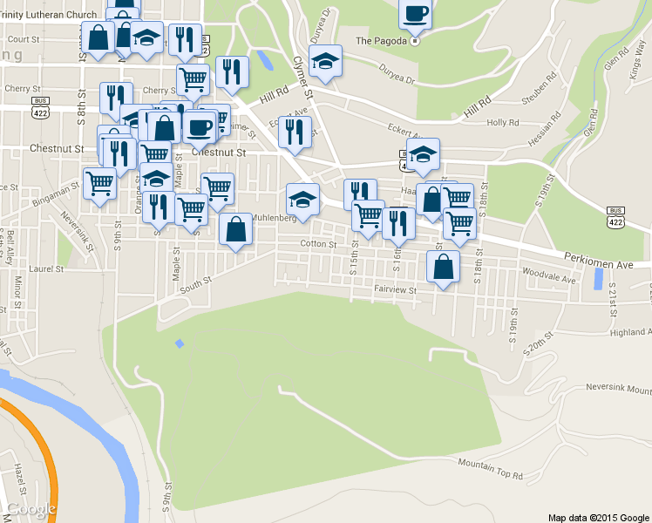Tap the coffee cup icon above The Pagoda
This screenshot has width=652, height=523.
[415, 13]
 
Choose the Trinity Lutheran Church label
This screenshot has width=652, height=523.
[48, 15]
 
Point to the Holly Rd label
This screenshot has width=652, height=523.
[503, 123]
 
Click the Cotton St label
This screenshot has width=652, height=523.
[319, 245]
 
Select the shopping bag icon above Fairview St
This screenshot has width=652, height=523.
[443, 265]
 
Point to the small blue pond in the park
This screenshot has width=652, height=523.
[180, 343]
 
